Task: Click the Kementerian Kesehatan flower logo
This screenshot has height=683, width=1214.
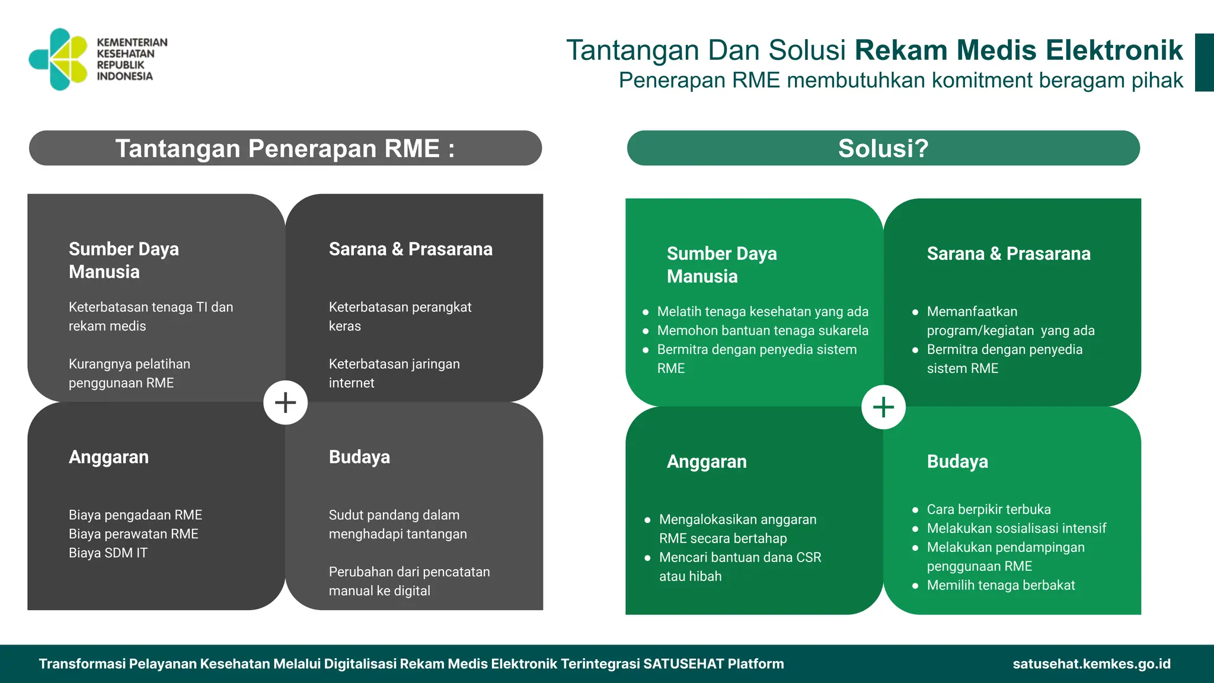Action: click(58, 59)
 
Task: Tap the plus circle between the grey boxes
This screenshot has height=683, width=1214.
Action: click(285, 403)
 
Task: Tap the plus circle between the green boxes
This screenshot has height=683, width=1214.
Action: click(883, 407)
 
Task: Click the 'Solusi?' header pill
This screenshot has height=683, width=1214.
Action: click(883, 148)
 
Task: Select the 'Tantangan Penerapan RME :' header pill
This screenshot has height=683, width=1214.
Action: click(285, 148)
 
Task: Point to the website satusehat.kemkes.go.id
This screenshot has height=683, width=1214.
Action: click(1091, 664)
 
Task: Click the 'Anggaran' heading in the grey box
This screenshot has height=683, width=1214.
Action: click(108, 457)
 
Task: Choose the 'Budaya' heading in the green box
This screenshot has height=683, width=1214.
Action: click(957, 462)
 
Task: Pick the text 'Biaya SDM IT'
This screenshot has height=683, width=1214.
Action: click(108, 553)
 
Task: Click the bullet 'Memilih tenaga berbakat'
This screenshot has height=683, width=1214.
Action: click(1001, 586)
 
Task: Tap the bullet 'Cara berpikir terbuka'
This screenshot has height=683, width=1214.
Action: click(988, 510)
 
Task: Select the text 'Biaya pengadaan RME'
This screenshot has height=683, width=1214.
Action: click(135, 515)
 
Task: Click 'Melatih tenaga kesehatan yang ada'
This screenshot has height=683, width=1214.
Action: click(762, 312)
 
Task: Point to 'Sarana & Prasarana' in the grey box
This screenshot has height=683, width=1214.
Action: click(410, 250)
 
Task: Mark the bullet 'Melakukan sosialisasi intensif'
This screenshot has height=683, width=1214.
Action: click(1016, 529)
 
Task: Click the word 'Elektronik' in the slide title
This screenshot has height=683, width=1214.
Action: click(1114, 50)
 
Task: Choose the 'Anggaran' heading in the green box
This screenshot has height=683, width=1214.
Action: click(707, 462)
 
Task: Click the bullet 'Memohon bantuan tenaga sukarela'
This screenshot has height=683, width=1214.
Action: click(762, 331)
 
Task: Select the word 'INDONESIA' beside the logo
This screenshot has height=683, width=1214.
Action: click(124, 76)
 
